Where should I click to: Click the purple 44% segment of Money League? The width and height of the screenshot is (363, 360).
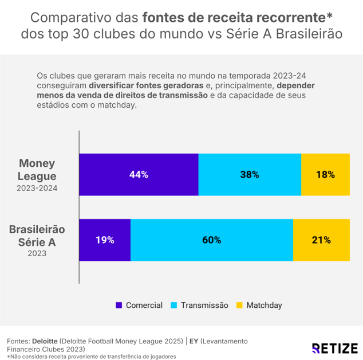(x=139, y=175)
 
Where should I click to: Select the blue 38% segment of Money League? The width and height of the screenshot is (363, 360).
(x=250, y=175)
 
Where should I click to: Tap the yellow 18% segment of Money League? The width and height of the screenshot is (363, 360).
(x=325, y=175)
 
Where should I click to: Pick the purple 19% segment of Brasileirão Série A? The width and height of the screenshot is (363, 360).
(x=105, y=240)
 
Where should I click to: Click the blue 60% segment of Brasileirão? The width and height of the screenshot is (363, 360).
(x=212, y=240)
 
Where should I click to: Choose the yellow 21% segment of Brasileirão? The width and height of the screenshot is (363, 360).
(x=321, y=240)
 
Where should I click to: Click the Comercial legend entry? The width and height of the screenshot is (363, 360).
(x=139, y=306)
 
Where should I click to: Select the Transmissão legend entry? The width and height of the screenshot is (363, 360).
(x=199, y=306)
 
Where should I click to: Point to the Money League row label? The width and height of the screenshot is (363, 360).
(x=37, y=170)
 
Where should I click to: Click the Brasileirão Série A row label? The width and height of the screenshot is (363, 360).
(x=37, y=235)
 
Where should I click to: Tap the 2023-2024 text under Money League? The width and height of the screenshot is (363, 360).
(x=37, y=188)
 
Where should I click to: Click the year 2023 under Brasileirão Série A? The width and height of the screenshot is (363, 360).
(x=37, y=253)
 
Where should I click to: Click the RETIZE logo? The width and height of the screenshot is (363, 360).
(x=334, y=348)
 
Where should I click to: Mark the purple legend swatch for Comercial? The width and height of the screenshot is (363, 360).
(x=119, y=306)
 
